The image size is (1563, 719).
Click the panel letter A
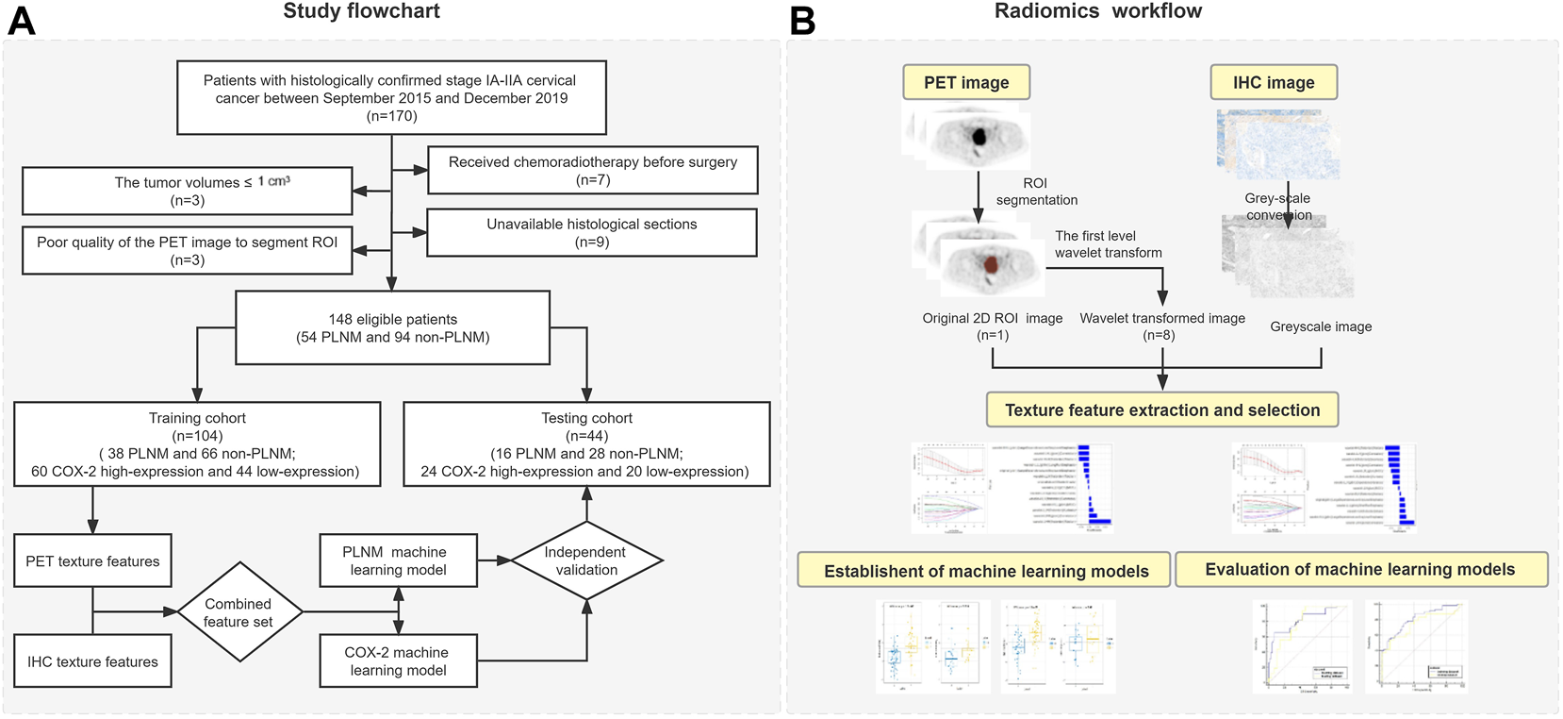pyautogui.click(x=21, y=20)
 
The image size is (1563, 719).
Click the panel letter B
pyautogui.click(x=802, y=20)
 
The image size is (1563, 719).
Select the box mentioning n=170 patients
pyautogui.click(x=391, y=98)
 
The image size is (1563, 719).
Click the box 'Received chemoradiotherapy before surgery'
pyautogui.click(x=592, y=170)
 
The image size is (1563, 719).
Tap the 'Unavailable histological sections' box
pyautogui.click(x=592, y=232)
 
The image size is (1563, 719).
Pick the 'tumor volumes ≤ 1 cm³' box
pyautogui.click(x=187, y=191)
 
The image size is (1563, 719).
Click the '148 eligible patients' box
pyautogui.click(x=392, y=327)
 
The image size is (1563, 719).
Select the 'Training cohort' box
pyautogui.click(x=197, y=443)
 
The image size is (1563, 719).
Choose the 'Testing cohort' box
pyautogui.click(x=586, y=443)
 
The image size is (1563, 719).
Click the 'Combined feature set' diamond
pyautogui.click(x=239, y=612)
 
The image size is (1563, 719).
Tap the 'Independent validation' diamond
pyautogui.click(x=586, y=560)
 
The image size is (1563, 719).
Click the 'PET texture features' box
pyautogui.click(x=92, y=560)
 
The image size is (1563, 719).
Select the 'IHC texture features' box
pyautogui.click(x=92, y=661)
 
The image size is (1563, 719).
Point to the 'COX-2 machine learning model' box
pyautogui.click(x=398, y=660)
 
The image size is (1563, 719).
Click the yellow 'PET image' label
pyautogui.click(x=966, y=82)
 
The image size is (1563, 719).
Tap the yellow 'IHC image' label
pyautogui.click(x=1273, y=82)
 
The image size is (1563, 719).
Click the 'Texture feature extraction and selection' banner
pyautogui.click(x=1161, y=410)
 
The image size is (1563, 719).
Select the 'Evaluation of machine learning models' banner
pyautogui.click(x=1360, y=569)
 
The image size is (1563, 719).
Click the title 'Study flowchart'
pyautogui.click(x=361, y=11)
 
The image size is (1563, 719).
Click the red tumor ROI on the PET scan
pyautogui.click(x=991, y=264)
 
